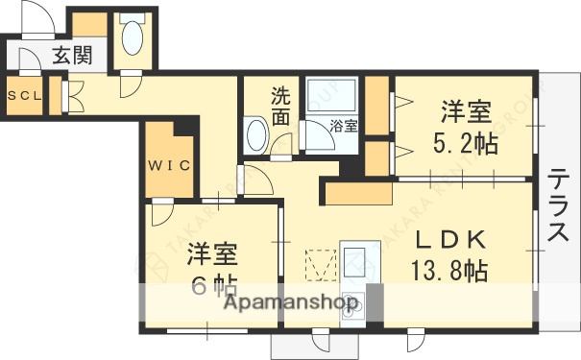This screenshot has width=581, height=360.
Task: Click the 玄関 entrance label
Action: coord(71,56)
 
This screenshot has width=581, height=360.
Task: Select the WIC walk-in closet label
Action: coord(170,164)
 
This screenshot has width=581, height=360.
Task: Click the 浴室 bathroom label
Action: coord(343,125)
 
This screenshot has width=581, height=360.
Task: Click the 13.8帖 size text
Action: coord(448,271)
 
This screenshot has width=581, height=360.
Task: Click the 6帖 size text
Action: coord(212,285)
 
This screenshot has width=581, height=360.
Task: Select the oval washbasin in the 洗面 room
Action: coord(255,135)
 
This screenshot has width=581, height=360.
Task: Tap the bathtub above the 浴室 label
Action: coord(330,95)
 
